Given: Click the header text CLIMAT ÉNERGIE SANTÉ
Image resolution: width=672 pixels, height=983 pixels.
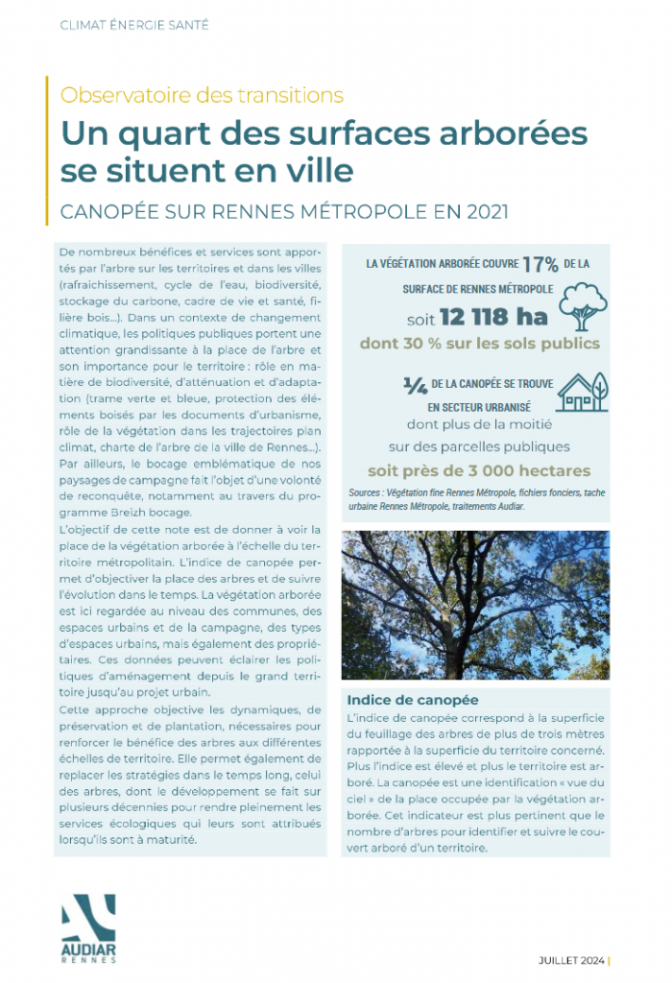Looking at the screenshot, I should (133, 24).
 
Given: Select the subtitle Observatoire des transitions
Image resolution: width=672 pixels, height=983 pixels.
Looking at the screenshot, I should (202, 95).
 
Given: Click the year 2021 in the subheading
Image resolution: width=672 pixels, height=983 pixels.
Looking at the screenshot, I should (477, 210).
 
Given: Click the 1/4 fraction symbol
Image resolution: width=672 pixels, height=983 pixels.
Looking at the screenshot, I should (415, 385).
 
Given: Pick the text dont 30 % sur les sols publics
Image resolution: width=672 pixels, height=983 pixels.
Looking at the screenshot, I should (479, 344).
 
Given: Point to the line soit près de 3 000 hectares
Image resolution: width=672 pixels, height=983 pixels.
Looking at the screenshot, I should (479, 471).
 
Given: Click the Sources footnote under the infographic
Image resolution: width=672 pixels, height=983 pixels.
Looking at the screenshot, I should (477, 497).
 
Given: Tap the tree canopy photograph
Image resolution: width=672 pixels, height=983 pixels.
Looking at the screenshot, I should (475, 605).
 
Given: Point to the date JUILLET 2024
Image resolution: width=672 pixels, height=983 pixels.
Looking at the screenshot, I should (569, 959).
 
